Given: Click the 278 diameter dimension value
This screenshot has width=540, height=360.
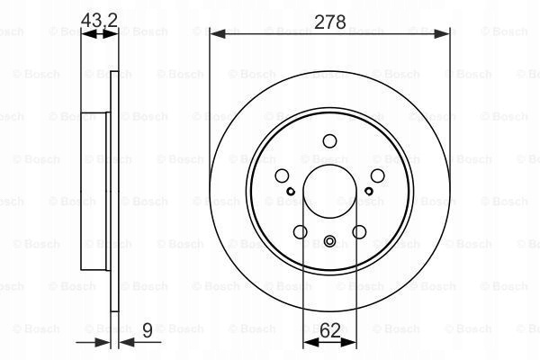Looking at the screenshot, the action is point(330,22).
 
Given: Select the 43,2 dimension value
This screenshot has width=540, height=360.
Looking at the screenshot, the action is point(99,20).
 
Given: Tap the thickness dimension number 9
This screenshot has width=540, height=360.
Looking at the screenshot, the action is point(147,330).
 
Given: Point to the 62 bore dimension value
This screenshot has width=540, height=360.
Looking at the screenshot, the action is point(330,330).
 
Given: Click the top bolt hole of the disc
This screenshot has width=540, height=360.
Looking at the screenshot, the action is point(329,141).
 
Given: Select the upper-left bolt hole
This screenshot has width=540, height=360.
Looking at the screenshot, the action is point(282,175).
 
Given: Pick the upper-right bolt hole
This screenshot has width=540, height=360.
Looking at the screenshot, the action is point(377,175).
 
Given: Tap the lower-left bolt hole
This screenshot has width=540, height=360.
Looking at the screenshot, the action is point(301,232).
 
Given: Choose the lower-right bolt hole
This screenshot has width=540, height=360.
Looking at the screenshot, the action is point(359,232).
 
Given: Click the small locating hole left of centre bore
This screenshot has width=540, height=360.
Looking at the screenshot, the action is point(291,191).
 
